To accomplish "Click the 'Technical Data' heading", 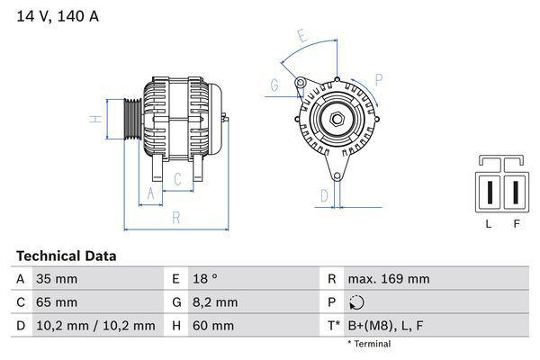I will point(66,256).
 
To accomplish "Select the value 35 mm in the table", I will point(55,279).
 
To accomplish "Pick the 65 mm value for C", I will point(56,302).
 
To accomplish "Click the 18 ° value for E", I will point(207,279).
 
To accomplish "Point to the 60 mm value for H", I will point(212,325).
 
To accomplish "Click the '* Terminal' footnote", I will point(369,344).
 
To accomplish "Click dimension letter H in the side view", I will point(93,119).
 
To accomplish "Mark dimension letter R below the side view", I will point(176,216).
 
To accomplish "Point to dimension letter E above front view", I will point(302,37).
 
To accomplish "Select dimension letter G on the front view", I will point(274,86).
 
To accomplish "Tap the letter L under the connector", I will point(489,224).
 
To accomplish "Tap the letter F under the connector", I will point(516,224).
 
